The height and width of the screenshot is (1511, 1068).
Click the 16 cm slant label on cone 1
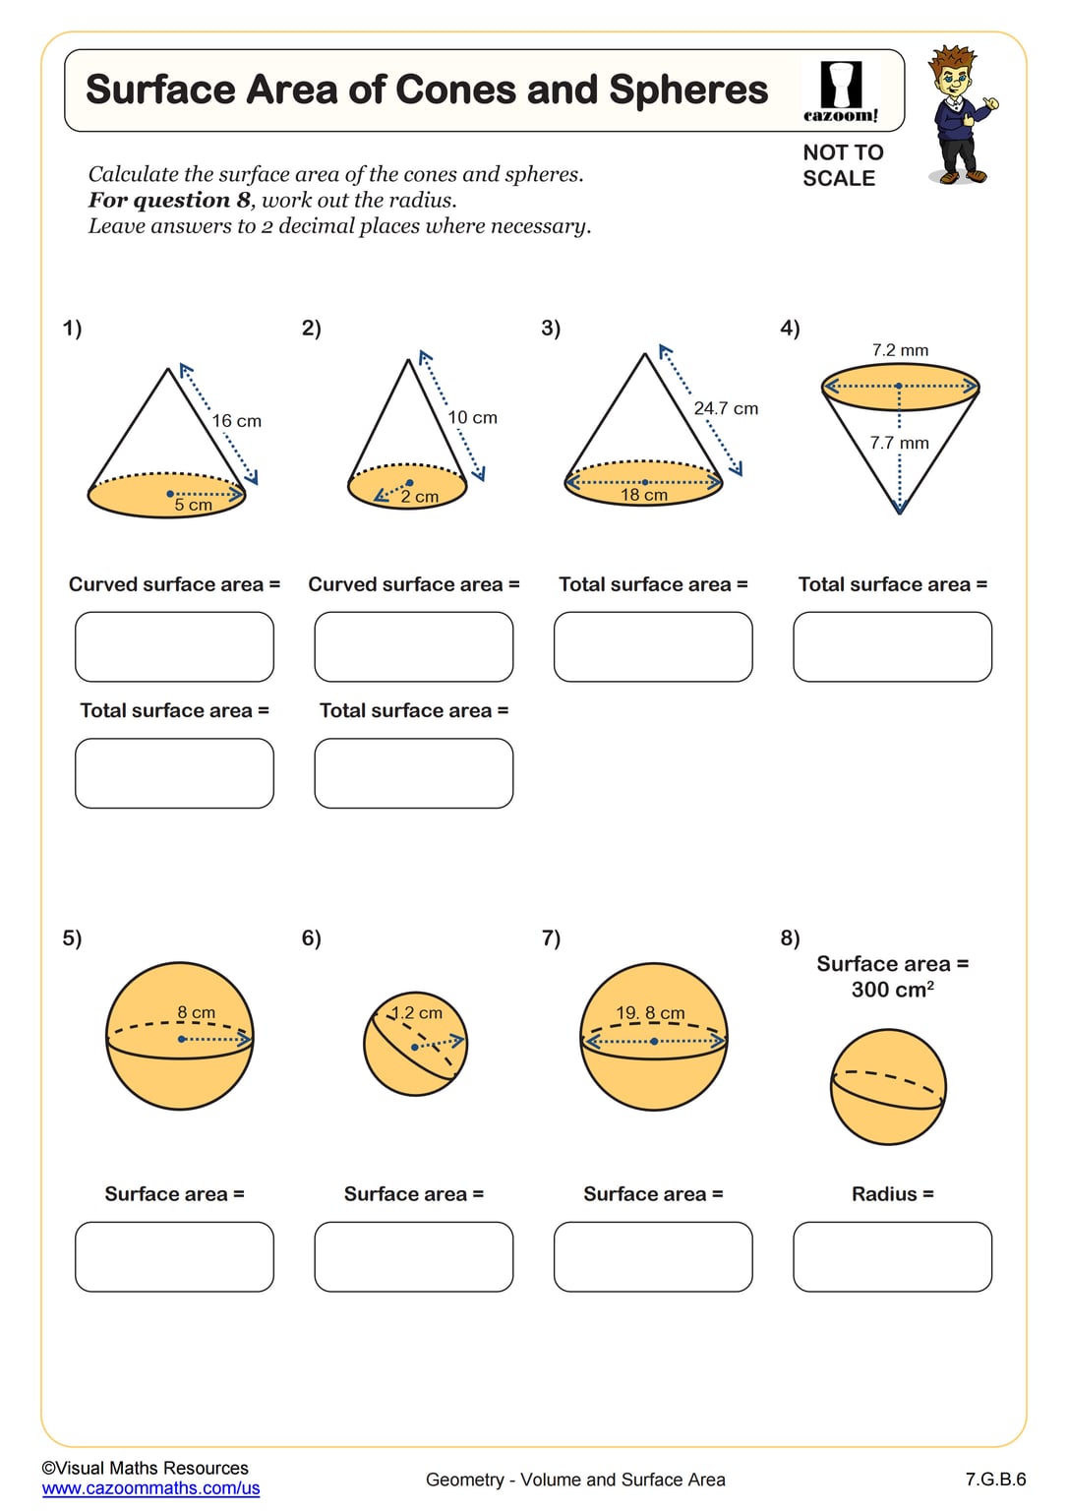(x=237, y=421)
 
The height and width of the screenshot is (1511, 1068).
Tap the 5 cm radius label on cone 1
(x=193, y=505)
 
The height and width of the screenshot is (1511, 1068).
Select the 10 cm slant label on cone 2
(x=472, y=418)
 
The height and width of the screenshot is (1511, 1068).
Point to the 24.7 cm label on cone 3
(x=726, y=408)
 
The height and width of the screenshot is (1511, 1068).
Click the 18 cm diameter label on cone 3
(x=644, y=495)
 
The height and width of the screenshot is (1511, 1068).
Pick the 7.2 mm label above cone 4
(x=900, y=350)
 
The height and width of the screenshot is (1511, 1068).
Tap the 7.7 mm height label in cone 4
(x=899, y=443)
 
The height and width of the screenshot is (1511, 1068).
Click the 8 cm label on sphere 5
(x=196, y=1012)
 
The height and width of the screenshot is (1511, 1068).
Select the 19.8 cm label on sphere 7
(x=650, y=1012)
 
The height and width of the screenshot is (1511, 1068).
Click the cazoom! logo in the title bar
(x=841, y=91)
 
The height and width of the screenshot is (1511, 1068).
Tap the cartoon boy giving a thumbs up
(x=959, y=115)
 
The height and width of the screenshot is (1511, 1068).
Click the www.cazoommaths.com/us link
(x=150, y=1488)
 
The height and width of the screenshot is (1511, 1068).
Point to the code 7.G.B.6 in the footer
(x=995, y=1480)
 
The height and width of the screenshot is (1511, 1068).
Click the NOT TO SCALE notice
(x=842, y=165)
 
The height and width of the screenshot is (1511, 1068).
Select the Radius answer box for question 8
(x=892, y=1256)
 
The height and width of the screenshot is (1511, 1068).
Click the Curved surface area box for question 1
(x=174, y=646)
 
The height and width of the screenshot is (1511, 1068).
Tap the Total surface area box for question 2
(x=413, y=773)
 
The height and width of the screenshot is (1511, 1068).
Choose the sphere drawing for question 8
(x=888, y=1087)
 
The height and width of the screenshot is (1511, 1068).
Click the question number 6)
(x=311, y=938)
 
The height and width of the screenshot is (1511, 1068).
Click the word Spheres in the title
(x=687, y=90)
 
